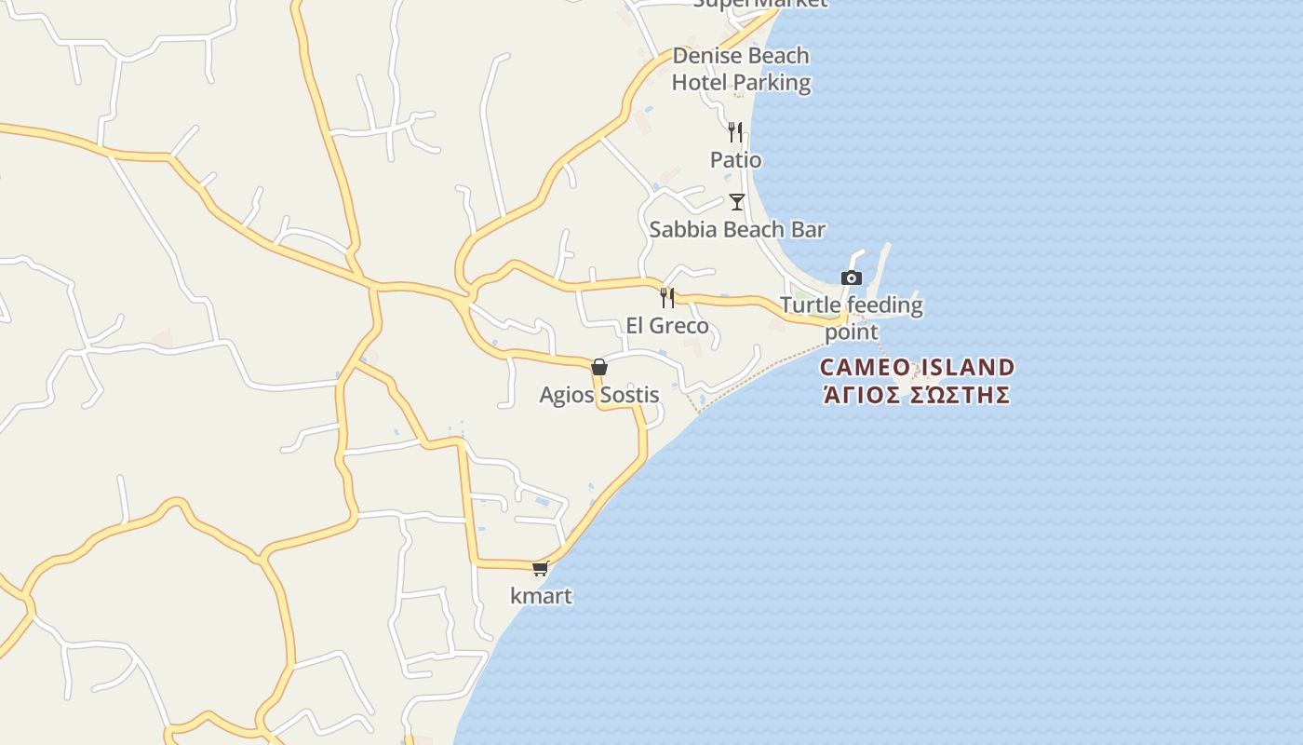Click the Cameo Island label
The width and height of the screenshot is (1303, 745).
[x=917, y=367]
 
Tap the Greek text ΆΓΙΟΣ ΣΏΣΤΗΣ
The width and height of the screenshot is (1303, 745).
[x=917, y=395]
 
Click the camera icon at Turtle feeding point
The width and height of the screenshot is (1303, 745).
[x=851, y=278]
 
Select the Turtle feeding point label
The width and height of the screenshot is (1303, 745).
[x=851, y=318]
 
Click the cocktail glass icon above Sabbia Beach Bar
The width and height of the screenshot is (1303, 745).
[x=737, y=201]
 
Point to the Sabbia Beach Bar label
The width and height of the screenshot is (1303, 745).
[x=737, y=229]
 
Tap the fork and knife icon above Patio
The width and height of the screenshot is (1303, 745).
[x=735, y=131]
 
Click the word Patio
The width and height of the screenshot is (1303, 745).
[x=735, y=160]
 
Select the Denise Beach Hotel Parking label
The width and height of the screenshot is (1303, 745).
[x=741, y=69]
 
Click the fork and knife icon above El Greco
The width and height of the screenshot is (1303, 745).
[x=667, y=298]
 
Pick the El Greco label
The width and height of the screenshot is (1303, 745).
[x=667, y=326]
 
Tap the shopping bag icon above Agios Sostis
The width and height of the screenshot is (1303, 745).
[x=599, y=367]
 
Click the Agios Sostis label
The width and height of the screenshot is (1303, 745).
[x=599, y=395]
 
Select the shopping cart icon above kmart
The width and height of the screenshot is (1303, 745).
[x=540, y=568]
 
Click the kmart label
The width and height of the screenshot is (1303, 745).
[x=541, y=596]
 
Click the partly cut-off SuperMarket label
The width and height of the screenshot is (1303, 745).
[x=759, y=4]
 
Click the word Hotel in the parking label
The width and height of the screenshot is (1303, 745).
[x=699, y=83]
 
